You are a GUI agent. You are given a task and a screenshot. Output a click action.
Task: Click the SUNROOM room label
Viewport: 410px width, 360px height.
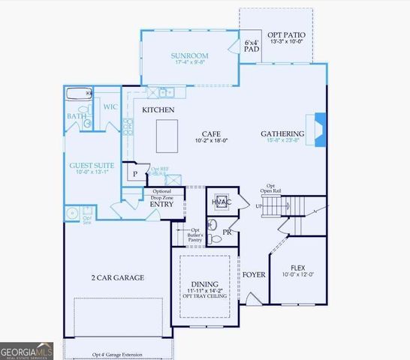click(188, 56)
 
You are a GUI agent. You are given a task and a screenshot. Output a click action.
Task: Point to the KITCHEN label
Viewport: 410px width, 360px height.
click(158, 110)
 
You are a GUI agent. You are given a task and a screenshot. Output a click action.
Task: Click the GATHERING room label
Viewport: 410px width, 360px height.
click(282, 134)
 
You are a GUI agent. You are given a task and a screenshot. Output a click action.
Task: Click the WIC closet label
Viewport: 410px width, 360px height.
click(110, 106)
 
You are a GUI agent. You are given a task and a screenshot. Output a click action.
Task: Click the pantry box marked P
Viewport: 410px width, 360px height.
click(135, 173)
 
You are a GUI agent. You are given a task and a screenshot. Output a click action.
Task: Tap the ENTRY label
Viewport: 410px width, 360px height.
click(161, 204)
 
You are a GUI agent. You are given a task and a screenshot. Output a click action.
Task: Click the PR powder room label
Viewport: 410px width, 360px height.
click(226, 232)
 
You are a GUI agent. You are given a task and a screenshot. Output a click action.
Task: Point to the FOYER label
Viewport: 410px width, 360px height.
click(255, 274)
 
